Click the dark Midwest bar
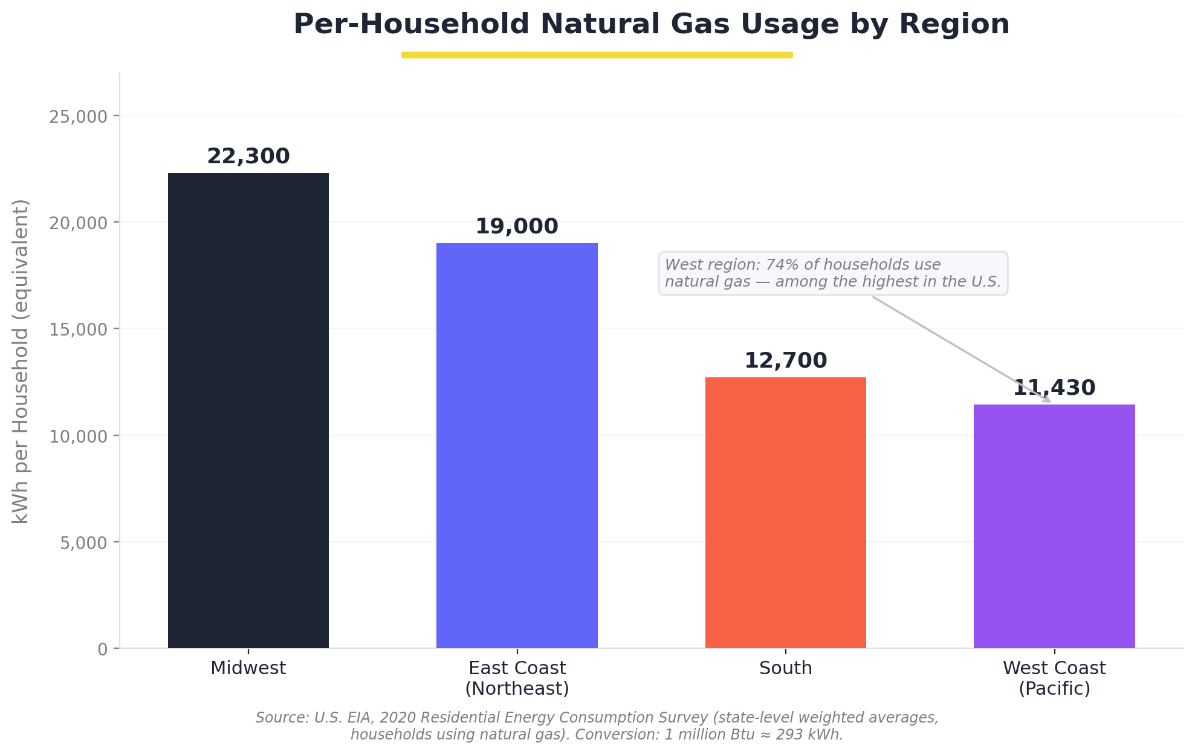click(248, 411)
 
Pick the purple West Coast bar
click(1054, 526)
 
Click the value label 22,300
click(248, 157)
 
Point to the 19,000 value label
click(517, 227)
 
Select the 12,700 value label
click(785, 361)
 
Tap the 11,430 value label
click(1054, 388)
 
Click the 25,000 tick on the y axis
click(78, 116)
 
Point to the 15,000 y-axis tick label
click(78, 330)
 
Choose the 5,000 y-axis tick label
click(83, 542)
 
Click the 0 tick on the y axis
click(102, 649)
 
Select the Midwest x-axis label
click(248, 668)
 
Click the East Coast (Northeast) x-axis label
click(517, 678)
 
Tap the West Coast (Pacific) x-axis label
click(1054, 678)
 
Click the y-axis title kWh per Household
click(21, 361)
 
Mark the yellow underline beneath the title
click(597, 55)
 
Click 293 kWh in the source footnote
click(817, 735)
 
